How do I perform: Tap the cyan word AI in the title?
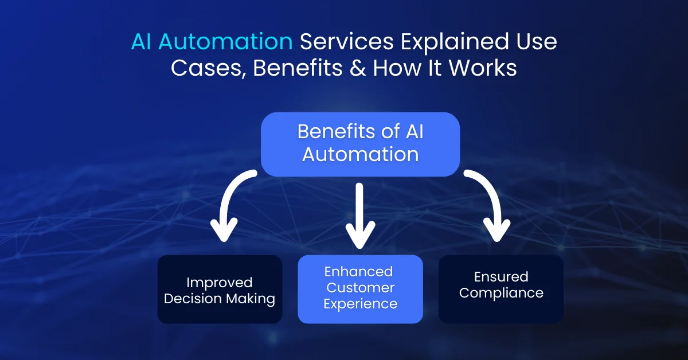point(142,41)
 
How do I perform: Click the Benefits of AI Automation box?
point(360,143)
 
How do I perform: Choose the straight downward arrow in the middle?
point(359,215)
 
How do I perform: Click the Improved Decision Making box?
point(220,289)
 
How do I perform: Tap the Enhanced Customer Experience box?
point(360,289)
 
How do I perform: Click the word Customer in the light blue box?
point(360,287)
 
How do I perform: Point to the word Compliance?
point(501,293)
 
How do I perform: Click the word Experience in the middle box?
point(360,303)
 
